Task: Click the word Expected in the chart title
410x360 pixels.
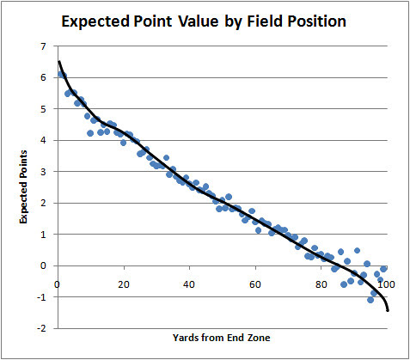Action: click(95, 22)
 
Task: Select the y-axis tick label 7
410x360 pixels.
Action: click(43, 46)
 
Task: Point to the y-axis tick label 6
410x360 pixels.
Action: click(43, 77)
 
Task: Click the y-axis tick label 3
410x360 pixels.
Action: click(43, 172)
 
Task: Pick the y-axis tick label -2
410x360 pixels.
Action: click(41, 328)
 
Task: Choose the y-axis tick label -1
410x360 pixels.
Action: click(41, 297)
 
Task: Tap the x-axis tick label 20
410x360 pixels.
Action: click(124, 284)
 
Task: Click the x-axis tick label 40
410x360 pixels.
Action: click(189, 284)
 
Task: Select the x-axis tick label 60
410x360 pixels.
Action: click(255, 284)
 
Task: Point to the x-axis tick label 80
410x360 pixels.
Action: click(321, 284)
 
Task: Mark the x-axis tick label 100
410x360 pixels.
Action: click(387, 284)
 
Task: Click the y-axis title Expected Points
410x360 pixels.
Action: click(23, 187)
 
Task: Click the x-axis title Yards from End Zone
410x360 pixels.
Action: click(221, 338)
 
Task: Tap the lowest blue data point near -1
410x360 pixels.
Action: click(370, 300)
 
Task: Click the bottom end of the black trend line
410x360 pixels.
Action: click(388, 310)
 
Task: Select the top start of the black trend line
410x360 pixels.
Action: click(58, 61)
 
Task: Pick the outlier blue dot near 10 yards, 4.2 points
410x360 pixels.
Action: click(90, 133)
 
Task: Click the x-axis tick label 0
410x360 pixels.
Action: click(58, 284)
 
